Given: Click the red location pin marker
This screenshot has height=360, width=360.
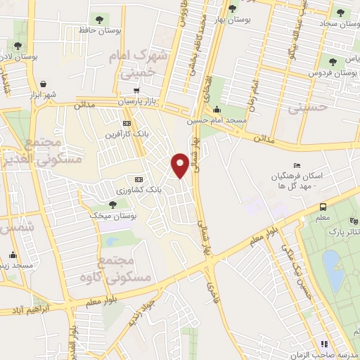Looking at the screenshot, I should pyautogui.click(x=181, y=165).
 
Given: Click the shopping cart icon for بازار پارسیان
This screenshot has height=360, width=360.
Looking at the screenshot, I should pyautogui.click(x=136, y=91).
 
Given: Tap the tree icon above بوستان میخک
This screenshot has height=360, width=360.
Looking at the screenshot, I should pyautogui.click(x=112, y=203).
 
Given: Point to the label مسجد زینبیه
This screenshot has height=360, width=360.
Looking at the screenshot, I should pyautogui.click(x=19, y=266).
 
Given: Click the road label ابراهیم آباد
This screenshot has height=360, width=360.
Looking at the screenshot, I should pyautogui.click(x=26, y=310).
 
